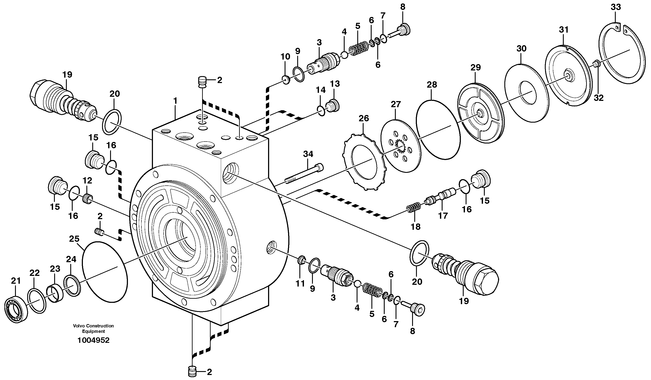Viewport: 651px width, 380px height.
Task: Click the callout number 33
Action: point(616,7)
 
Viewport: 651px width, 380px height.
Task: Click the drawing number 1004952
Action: point(94,340)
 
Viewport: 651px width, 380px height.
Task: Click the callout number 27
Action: point(396,104)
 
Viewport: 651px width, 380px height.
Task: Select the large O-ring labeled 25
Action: point(105,272)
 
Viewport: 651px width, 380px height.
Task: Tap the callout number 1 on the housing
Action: point(175,101)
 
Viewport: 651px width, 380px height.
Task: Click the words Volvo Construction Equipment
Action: point(93,328)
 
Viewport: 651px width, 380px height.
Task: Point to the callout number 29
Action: point(475,68)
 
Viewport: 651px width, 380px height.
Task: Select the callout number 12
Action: point(87,180)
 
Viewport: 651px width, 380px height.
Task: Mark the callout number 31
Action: point(564,30)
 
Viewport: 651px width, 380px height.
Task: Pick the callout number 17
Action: point(443,216)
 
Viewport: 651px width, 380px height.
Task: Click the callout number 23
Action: point(55,269)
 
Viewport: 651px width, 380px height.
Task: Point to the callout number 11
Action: point(300,284)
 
